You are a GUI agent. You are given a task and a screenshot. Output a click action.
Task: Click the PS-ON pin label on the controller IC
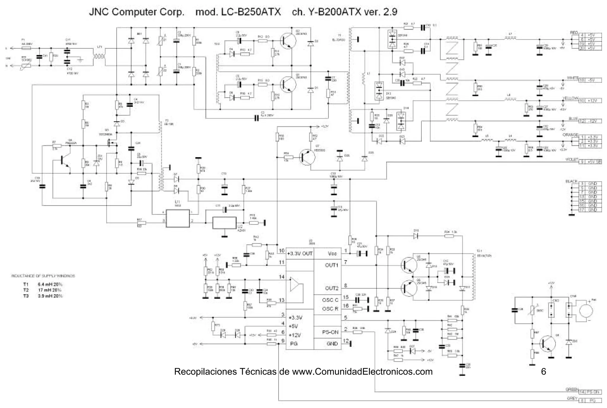330,332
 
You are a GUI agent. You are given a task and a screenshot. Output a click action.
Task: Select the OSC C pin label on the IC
330,300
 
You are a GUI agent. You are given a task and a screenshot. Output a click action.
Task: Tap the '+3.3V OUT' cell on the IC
300,253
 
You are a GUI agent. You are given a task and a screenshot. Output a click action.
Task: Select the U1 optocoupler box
178,218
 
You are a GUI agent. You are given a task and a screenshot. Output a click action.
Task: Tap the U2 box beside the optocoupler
224,223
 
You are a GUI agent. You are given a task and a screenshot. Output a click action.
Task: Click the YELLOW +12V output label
590,101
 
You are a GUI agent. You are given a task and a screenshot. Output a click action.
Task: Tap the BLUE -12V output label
590,121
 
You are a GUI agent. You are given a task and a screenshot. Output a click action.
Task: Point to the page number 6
543,372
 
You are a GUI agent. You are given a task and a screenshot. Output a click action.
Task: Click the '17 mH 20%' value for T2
50,290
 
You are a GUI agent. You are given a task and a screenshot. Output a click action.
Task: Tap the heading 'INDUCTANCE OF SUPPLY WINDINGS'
43,276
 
